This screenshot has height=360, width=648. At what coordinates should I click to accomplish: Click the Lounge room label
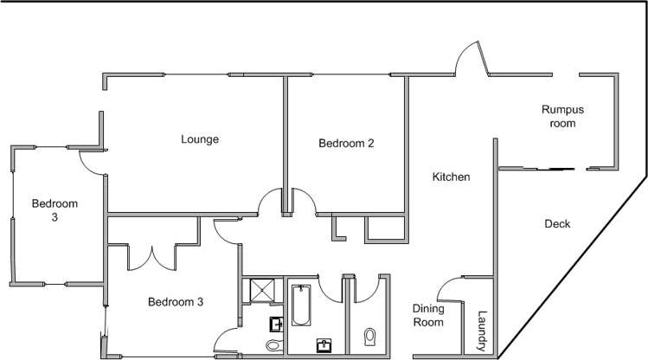click(200, 138)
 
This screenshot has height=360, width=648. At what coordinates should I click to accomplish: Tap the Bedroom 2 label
click(345, 144)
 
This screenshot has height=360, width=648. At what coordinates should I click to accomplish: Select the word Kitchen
click(451, 177)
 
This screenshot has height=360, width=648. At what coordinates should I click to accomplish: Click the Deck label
click(557, 224)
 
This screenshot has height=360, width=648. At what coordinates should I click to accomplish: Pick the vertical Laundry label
click(483, 330)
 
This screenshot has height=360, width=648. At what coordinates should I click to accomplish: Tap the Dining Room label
click(428, 316)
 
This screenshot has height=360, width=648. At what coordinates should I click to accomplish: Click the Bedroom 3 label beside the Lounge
click(55, 210)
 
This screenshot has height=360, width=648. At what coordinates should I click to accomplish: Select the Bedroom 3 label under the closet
click(175, 302)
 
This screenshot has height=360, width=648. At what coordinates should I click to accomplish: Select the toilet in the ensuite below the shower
click(273, 346)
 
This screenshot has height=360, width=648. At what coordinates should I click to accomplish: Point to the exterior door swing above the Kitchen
click(472, 61)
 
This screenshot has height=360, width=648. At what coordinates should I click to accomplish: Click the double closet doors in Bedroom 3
click(152, 257)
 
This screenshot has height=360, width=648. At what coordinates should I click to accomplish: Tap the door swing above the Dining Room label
click(449, 290)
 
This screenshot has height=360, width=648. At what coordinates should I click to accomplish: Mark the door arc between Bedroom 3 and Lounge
click(89, 159)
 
